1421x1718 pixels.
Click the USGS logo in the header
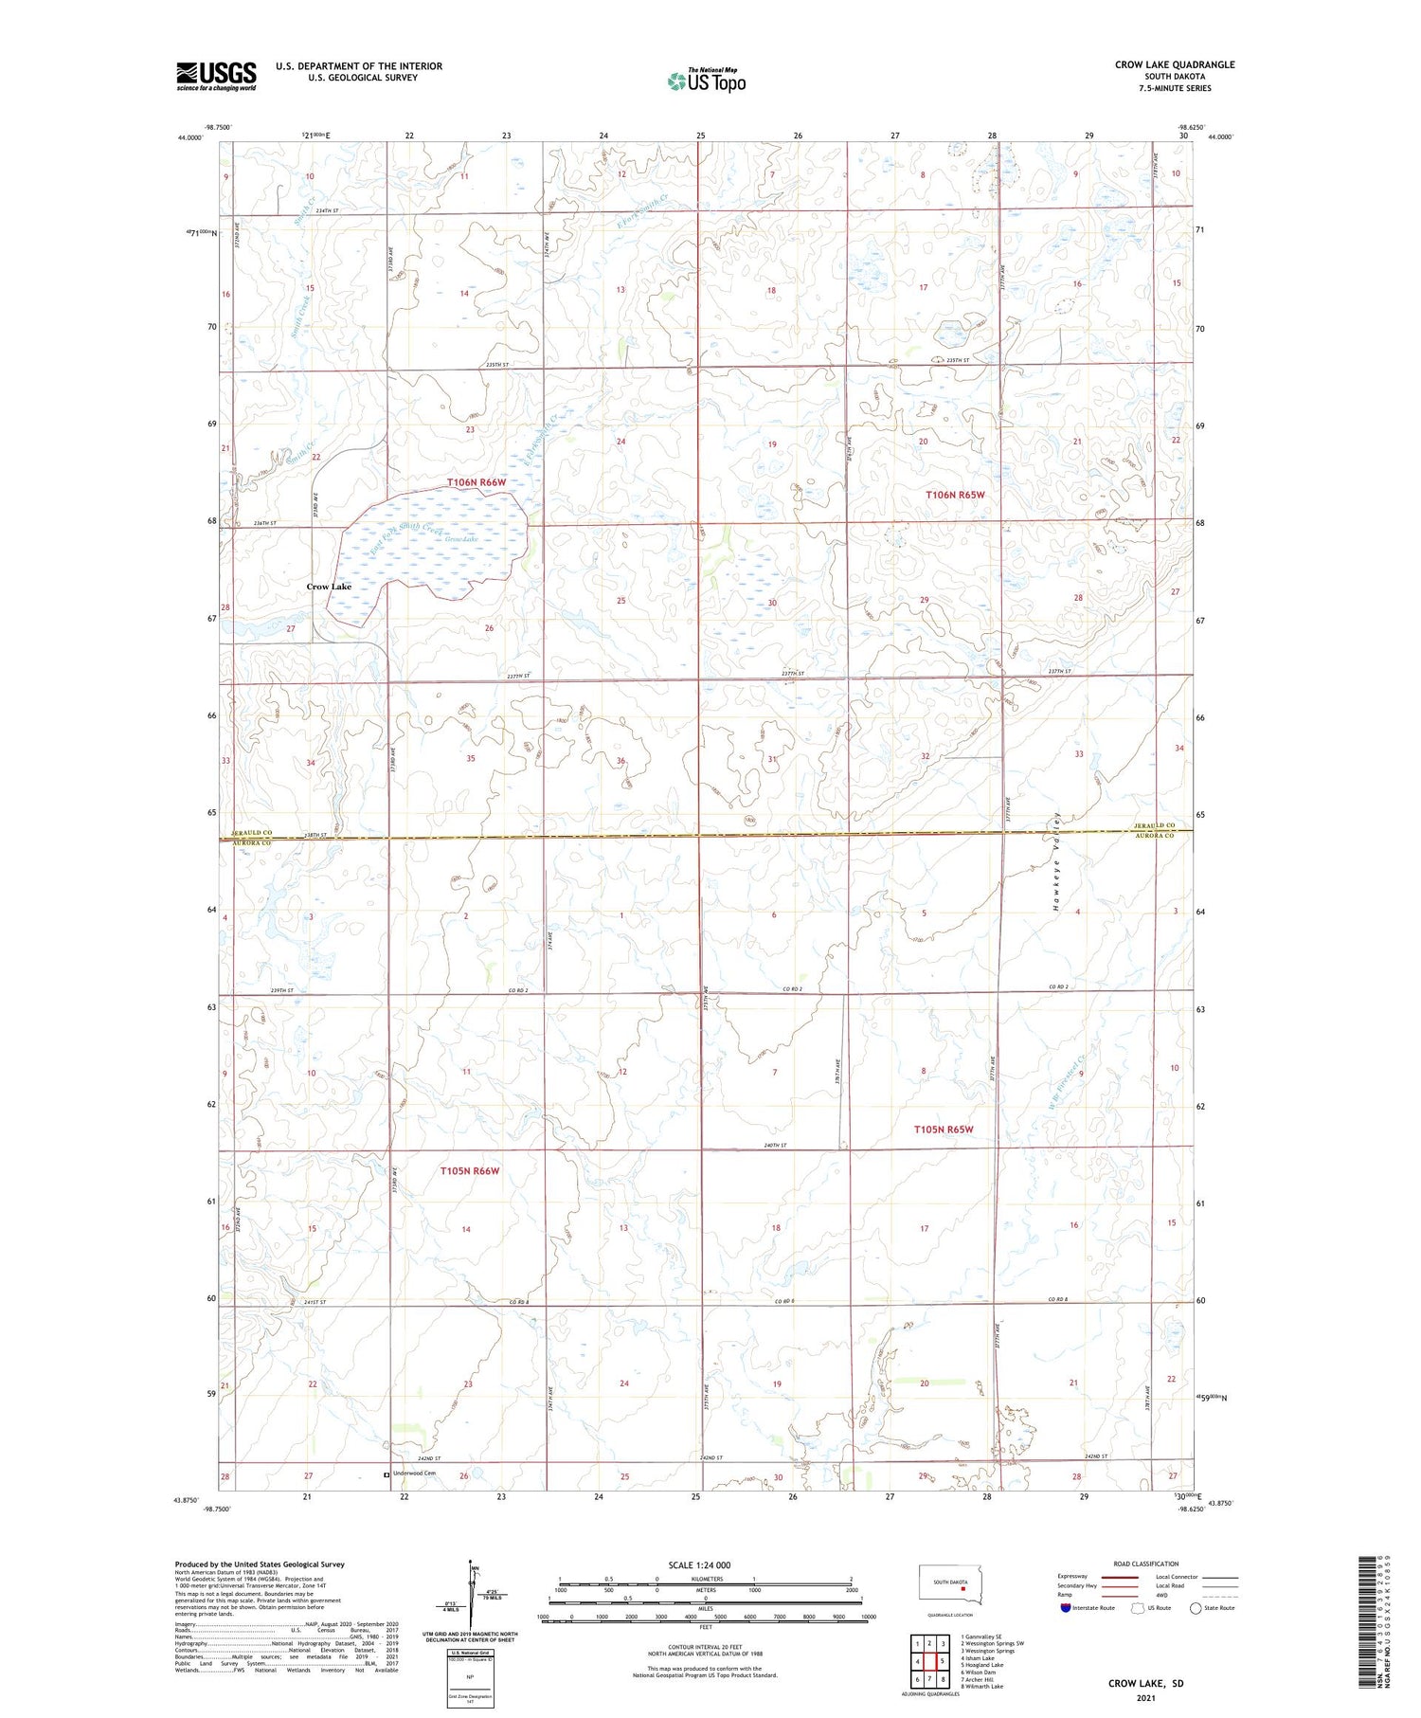[216, 76]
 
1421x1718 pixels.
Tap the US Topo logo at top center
[706, 81]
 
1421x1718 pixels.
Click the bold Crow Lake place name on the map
[329, 587]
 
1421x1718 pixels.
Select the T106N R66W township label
[477, 482]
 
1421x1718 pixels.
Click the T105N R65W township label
[944, 1130]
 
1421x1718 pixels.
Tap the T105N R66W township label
[469, 1171]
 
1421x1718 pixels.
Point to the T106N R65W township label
[955, 495]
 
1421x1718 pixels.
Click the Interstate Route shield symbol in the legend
[1066, 1608]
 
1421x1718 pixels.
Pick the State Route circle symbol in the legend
[1196, 1608]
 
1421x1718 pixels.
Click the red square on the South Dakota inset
[963, 1577]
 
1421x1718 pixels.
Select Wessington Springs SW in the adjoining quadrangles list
[991, 1643]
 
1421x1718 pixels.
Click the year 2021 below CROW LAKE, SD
[1145, 1697]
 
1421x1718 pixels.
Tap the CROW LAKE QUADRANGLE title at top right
[1175, 64]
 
